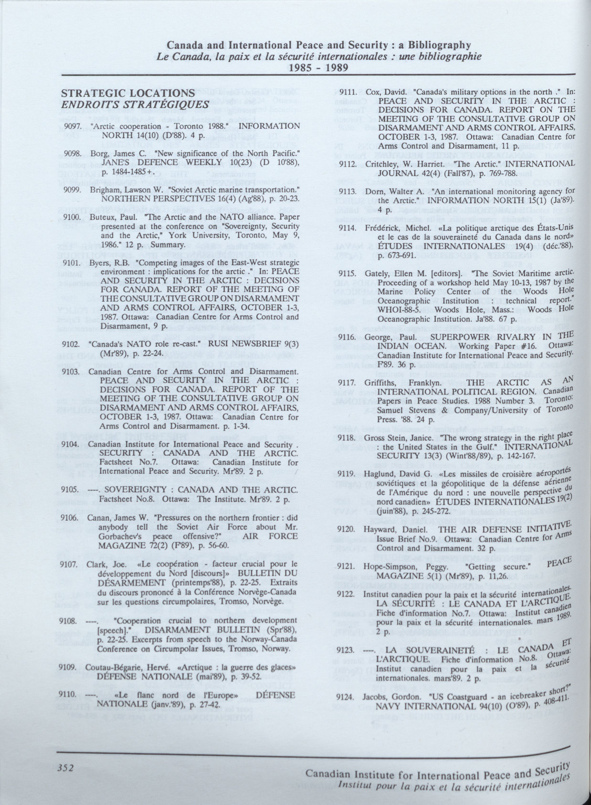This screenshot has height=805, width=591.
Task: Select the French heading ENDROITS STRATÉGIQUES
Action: coord(135,105)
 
